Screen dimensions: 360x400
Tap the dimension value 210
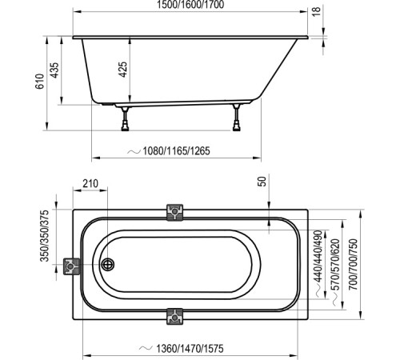pos(91,185)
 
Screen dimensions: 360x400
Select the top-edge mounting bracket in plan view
pos(175,212)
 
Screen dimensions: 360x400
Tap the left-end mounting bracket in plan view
pos(72,266)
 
